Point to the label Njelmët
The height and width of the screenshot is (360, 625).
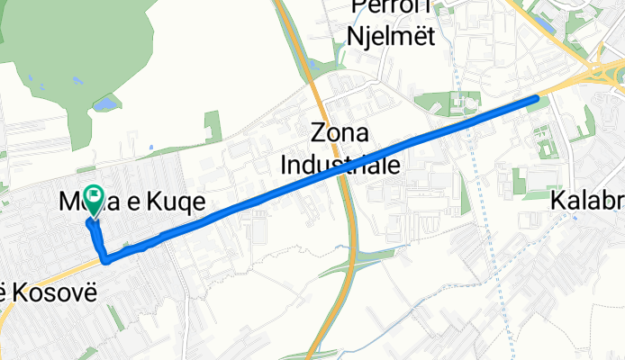(392, 37)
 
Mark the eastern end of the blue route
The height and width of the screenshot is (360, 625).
(537, 98)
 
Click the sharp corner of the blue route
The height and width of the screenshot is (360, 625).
(106, 261)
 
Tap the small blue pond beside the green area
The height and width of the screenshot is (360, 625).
(105, 105)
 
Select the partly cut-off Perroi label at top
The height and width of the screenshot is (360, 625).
(391, 9)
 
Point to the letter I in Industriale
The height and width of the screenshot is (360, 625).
(285, 166)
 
